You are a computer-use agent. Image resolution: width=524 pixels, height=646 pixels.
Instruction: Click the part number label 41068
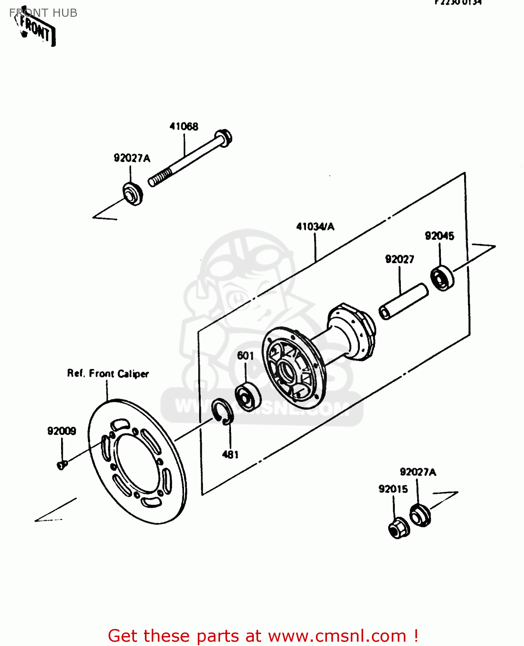[184, 126]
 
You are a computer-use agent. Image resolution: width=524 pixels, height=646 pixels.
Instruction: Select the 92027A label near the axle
[132, 158]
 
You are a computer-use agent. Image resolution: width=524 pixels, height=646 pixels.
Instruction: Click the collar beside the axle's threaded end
[132, 194]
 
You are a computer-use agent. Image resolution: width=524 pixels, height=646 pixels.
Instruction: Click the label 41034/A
[315, 227]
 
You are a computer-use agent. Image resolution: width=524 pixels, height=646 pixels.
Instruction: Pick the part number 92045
[439, 236]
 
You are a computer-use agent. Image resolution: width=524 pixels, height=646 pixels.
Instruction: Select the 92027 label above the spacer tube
[399, 259]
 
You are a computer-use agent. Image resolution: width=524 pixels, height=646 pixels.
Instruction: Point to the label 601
[245, 355]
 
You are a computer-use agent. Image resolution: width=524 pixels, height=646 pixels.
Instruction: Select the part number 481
[230, 454]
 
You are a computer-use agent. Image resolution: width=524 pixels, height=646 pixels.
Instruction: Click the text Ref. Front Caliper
[108, 373]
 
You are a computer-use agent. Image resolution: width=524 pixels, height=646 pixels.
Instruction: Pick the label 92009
[62, 431]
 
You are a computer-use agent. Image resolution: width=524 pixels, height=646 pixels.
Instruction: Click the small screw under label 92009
[62, 464]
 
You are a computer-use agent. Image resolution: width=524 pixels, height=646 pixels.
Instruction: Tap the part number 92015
[393, 489]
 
